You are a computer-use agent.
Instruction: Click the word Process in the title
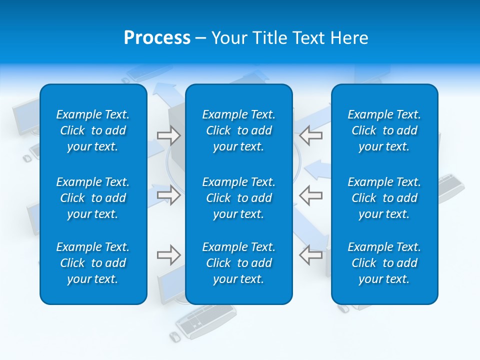[x=157, y=38]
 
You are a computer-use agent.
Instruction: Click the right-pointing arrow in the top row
[x=168, y=135]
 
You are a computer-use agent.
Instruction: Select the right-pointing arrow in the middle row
[x=168, y=195]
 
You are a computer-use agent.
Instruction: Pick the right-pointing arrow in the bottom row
[x=168, y=255]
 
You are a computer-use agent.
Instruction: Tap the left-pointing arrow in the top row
[x=311, y=135]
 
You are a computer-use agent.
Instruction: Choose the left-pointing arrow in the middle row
[x=311, y=195]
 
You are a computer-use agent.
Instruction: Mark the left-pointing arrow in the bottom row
[x=311, y=255]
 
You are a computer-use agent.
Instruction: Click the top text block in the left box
[x=93, y=130]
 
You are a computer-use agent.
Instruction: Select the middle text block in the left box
[x=93, y=198]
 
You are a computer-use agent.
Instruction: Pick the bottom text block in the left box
[x=93, y=263]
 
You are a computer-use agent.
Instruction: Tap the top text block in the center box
[x=238, y=130]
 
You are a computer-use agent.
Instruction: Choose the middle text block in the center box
[x=238, y=198]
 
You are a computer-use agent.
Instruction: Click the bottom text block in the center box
[x=238, y=263]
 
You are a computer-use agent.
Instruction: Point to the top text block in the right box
[x=384, y=130]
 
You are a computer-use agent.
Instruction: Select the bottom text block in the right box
[x=384, y=263]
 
